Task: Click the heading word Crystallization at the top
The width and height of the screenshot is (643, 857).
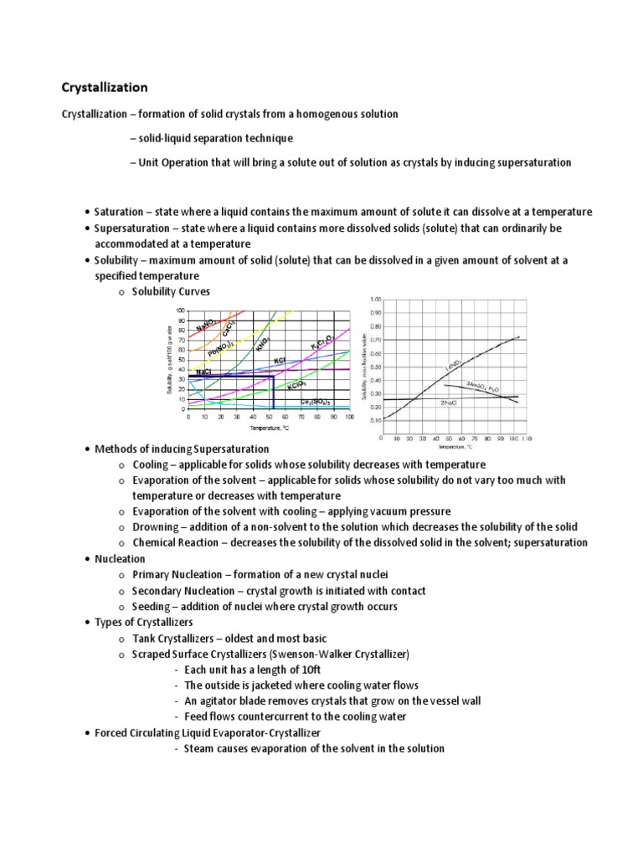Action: pos(105,87)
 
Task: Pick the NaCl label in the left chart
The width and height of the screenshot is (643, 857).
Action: pos(204,371)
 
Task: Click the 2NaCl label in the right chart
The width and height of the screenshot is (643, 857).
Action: pos(448,403)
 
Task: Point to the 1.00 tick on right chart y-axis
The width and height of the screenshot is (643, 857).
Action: pos(375,299)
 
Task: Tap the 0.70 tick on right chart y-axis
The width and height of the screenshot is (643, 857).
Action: pos(375,340)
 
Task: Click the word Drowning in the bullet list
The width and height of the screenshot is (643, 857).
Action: pos(155,526)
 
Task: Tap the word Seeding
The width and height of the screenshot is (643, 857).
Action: pos(152,606)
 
